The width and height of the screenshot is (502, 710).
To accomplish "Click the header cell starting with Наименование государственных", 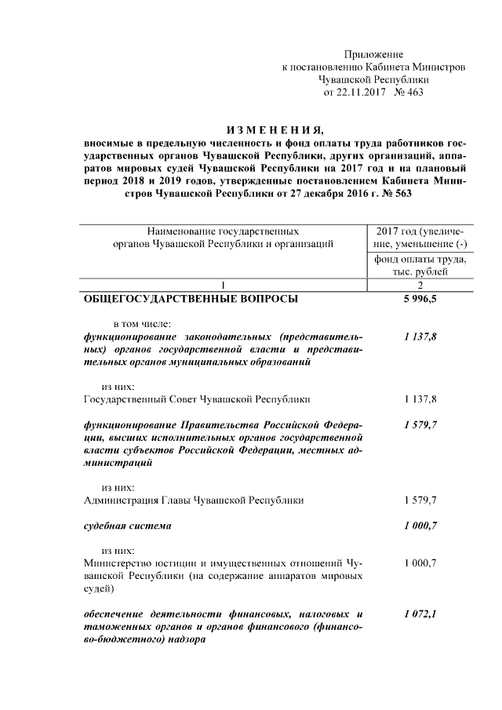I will (x=223, y=238).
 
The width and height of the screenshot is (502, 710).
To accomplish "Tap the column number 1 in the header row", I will (x=223, y=284).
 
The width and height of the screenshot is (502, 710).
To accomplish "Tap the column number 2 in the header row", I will (x=420, y=284).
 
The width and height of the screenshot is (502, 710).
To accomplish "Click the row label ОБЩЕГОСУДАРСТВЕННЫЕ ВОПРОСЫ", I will (x=190, y=299).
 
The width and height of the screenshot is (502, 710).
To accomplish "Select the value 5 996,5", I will (x=420, y=299).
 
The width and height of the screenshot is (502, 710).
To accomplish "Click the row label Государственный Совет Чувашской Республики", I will (x=197, y=399).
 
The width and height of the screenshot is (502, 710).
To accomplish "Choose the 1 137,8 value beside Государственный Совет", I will (x=420, y=399).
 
